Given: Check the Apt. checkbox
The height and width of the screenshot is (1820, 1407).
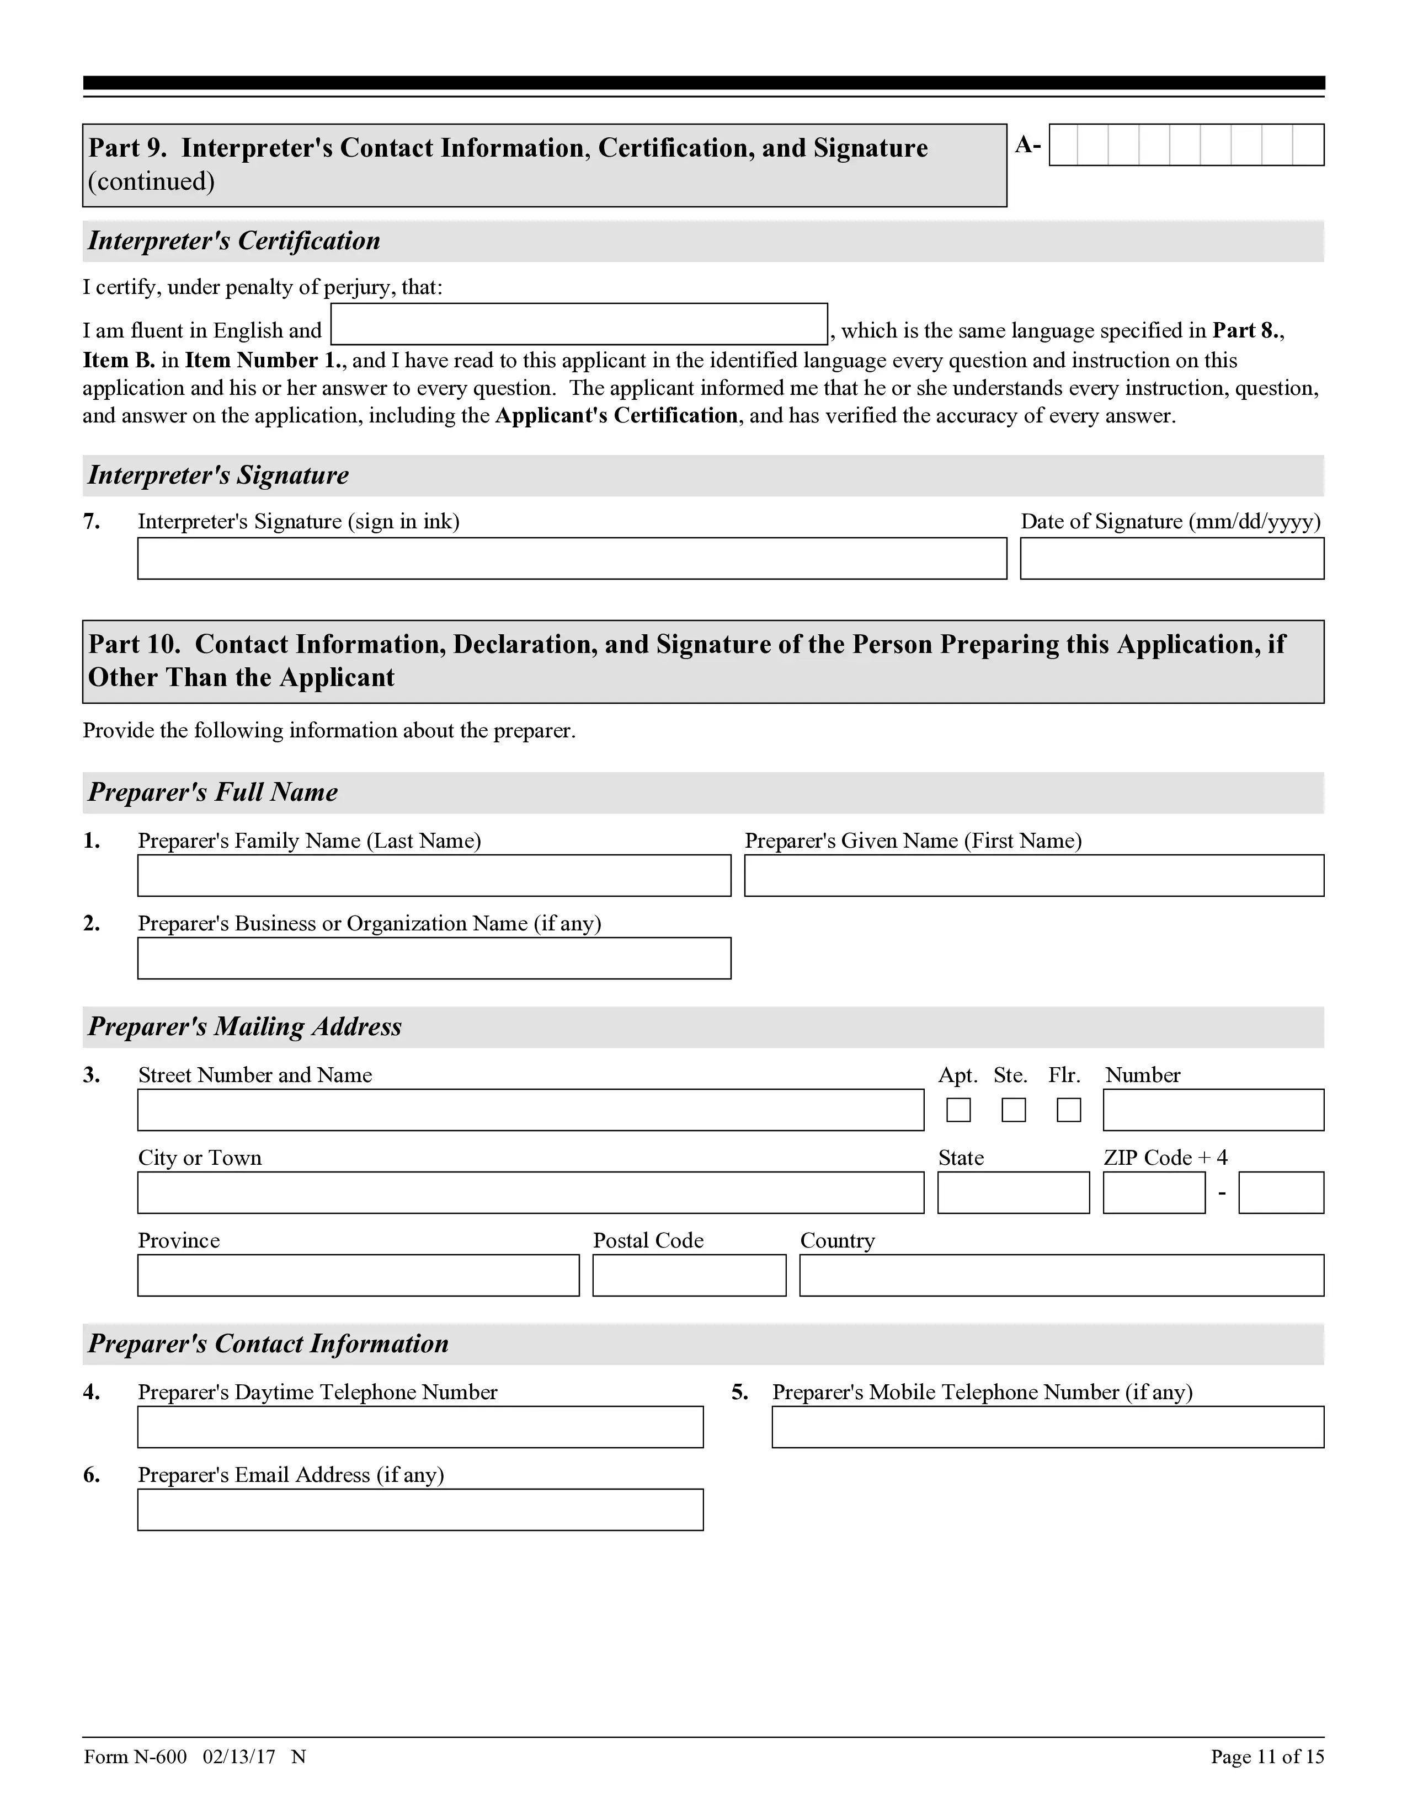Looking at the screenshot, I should click(958, 1110).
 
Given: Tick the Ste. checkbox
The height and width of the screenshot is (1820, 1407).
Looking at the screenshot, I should click(1014, 1110).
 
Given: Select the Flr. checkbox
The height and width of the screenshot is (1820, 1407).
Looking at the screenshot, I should click(1069, 1110).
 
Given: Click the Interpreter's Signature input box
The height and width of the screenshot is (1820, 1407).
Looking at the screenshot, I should click(572, 558).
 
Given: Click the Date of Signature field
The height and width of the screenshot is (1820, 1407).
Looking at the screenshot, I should click(1172, 558).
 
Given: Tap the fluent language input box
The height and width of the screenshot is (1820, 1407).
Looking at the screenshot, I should click(579, 324).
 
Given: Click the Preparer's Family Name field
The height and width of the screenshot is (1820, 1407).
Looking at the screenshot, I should click(434, 876).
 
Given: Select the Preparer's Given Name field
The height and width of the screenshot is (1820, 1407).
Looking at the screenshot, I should click(1033, 876).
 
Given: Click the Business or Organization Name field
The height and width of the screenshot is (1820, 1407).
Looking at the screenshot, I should click(434, 959).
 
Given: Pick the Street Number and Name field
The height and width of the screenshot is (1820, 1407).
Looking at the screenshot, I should click(531, 1110).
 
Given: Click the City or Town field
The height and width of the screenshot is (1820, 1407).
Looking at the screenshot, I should click(531, 1192).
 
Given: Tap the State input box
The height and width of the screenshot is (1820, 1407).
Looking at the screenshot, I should click(1014, 1192).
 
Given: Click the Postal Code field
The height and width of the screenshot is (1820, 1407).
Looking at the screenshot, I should click(689, 1275).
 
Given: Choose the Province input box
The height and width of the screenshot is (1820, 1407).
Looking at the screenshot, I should click(359, 1275).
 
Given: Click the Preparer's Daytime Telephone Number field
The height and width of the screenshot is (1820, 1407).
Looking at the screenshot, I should click(420, 1427).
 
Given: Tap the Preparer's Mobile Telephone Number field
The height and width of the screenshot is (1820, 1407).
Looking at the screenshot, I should click(1048, 1427).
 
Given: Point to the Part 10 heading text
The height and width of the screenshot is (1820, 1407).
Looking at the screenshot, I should click(687, 661).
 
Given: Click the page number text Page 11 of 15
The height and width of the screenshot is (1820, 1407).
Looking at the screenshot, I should click(1267, 1757).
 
